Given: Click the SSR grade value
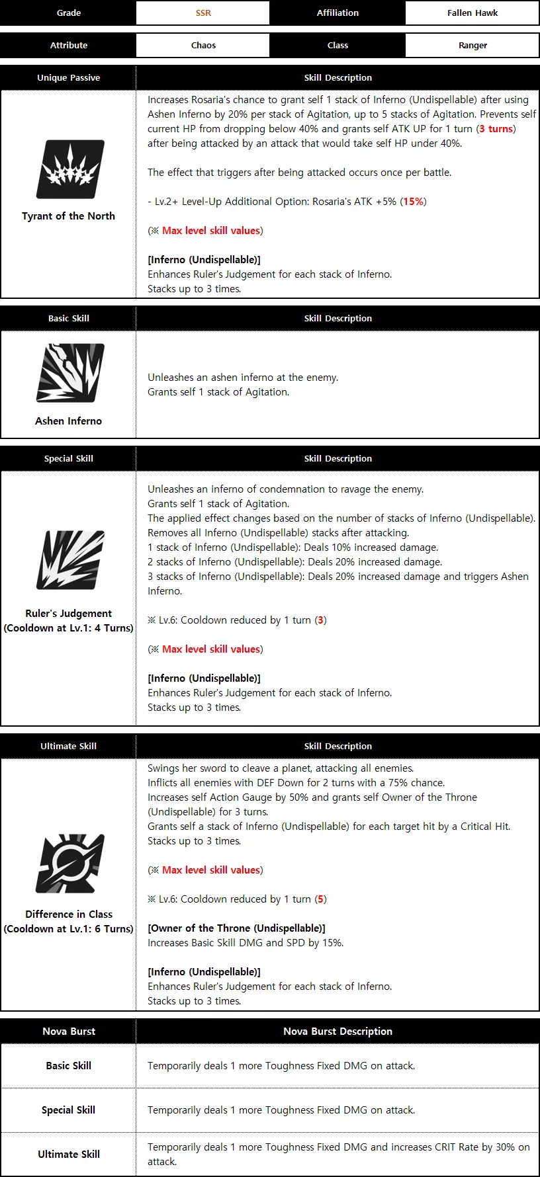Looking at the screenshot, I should tap(203, 13).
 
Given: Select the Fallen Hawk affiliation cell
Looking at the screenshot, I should tap(472, 13).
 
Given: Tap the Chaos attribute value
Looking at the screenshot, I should tap(203, 45).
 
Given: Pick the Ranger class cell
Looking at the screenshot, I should tap(472, 45).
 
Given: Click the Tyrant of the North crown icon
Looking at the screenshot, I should tap(69, 169).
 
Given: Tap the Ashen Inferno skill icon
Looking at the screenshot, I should tap(69, 373).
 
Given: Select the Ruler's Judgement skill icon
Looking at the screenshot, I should tap(69, 560).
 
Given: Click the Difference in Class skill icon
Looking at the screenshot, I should tap(69, 863).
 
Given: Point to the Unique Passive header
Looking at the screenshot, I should tap(68, 77).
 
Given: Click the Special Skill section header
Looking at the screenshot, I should tap(68, 458).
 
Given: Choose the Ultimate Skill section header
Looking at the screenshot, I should tap(68, 746).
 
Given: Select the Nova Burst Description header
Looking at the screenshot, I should tap(337, 1031).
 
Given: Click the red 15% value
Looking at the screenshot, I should tap(414, 202).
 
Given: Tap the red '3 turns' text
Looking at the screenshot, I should tap(496, 129).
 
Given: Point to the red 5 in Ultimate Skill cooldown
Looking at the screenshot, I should tap(321, 899).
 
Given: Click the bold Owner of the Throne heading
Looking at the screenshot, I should tap(236, 928).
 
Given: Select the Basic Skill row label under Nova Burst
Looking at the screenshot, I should tap(68, 1065).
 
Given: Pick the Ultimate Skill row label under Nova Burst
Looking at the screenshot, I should tap(68, 1154).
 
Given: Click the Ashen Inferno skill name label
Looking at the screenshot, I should tap(68, 421).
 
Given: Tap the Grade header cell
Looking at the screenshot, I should tap(68, 13).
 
